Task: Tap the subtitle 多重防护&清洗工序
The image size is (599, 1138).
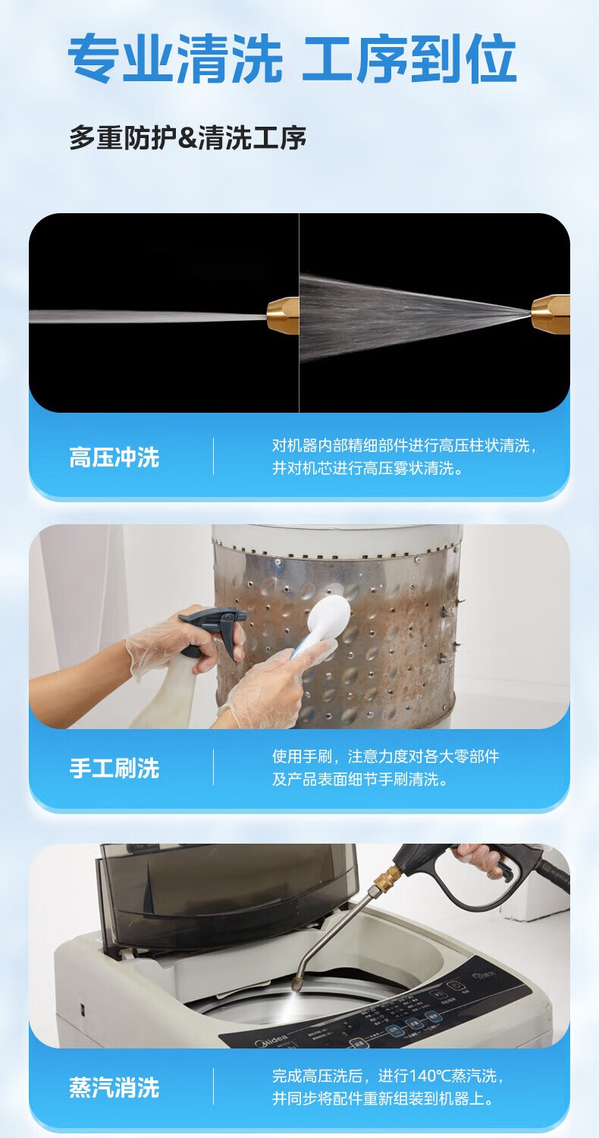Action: point(188,137)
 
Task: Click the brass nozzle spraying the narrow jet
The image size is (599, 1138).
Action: point(283,315)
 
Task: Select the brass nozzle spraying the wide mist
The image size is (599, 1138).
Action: point(550,315)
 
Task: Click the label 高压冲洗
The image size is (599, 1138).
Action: point(114,457)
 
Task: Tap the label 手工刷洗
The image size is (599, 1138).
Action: point(114,768)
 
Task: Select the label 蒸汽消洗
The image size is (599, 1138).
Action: point(114,1088)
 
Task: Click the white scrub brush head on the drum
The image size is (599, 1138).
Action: point(328,617)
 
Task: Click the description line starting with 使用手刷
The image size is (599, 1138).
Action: point(386,756)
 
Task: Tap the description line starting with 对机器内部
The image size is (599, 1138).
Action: point(404,445)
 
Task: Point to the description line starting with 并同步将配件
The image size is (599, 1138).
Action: point(383,1098)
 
